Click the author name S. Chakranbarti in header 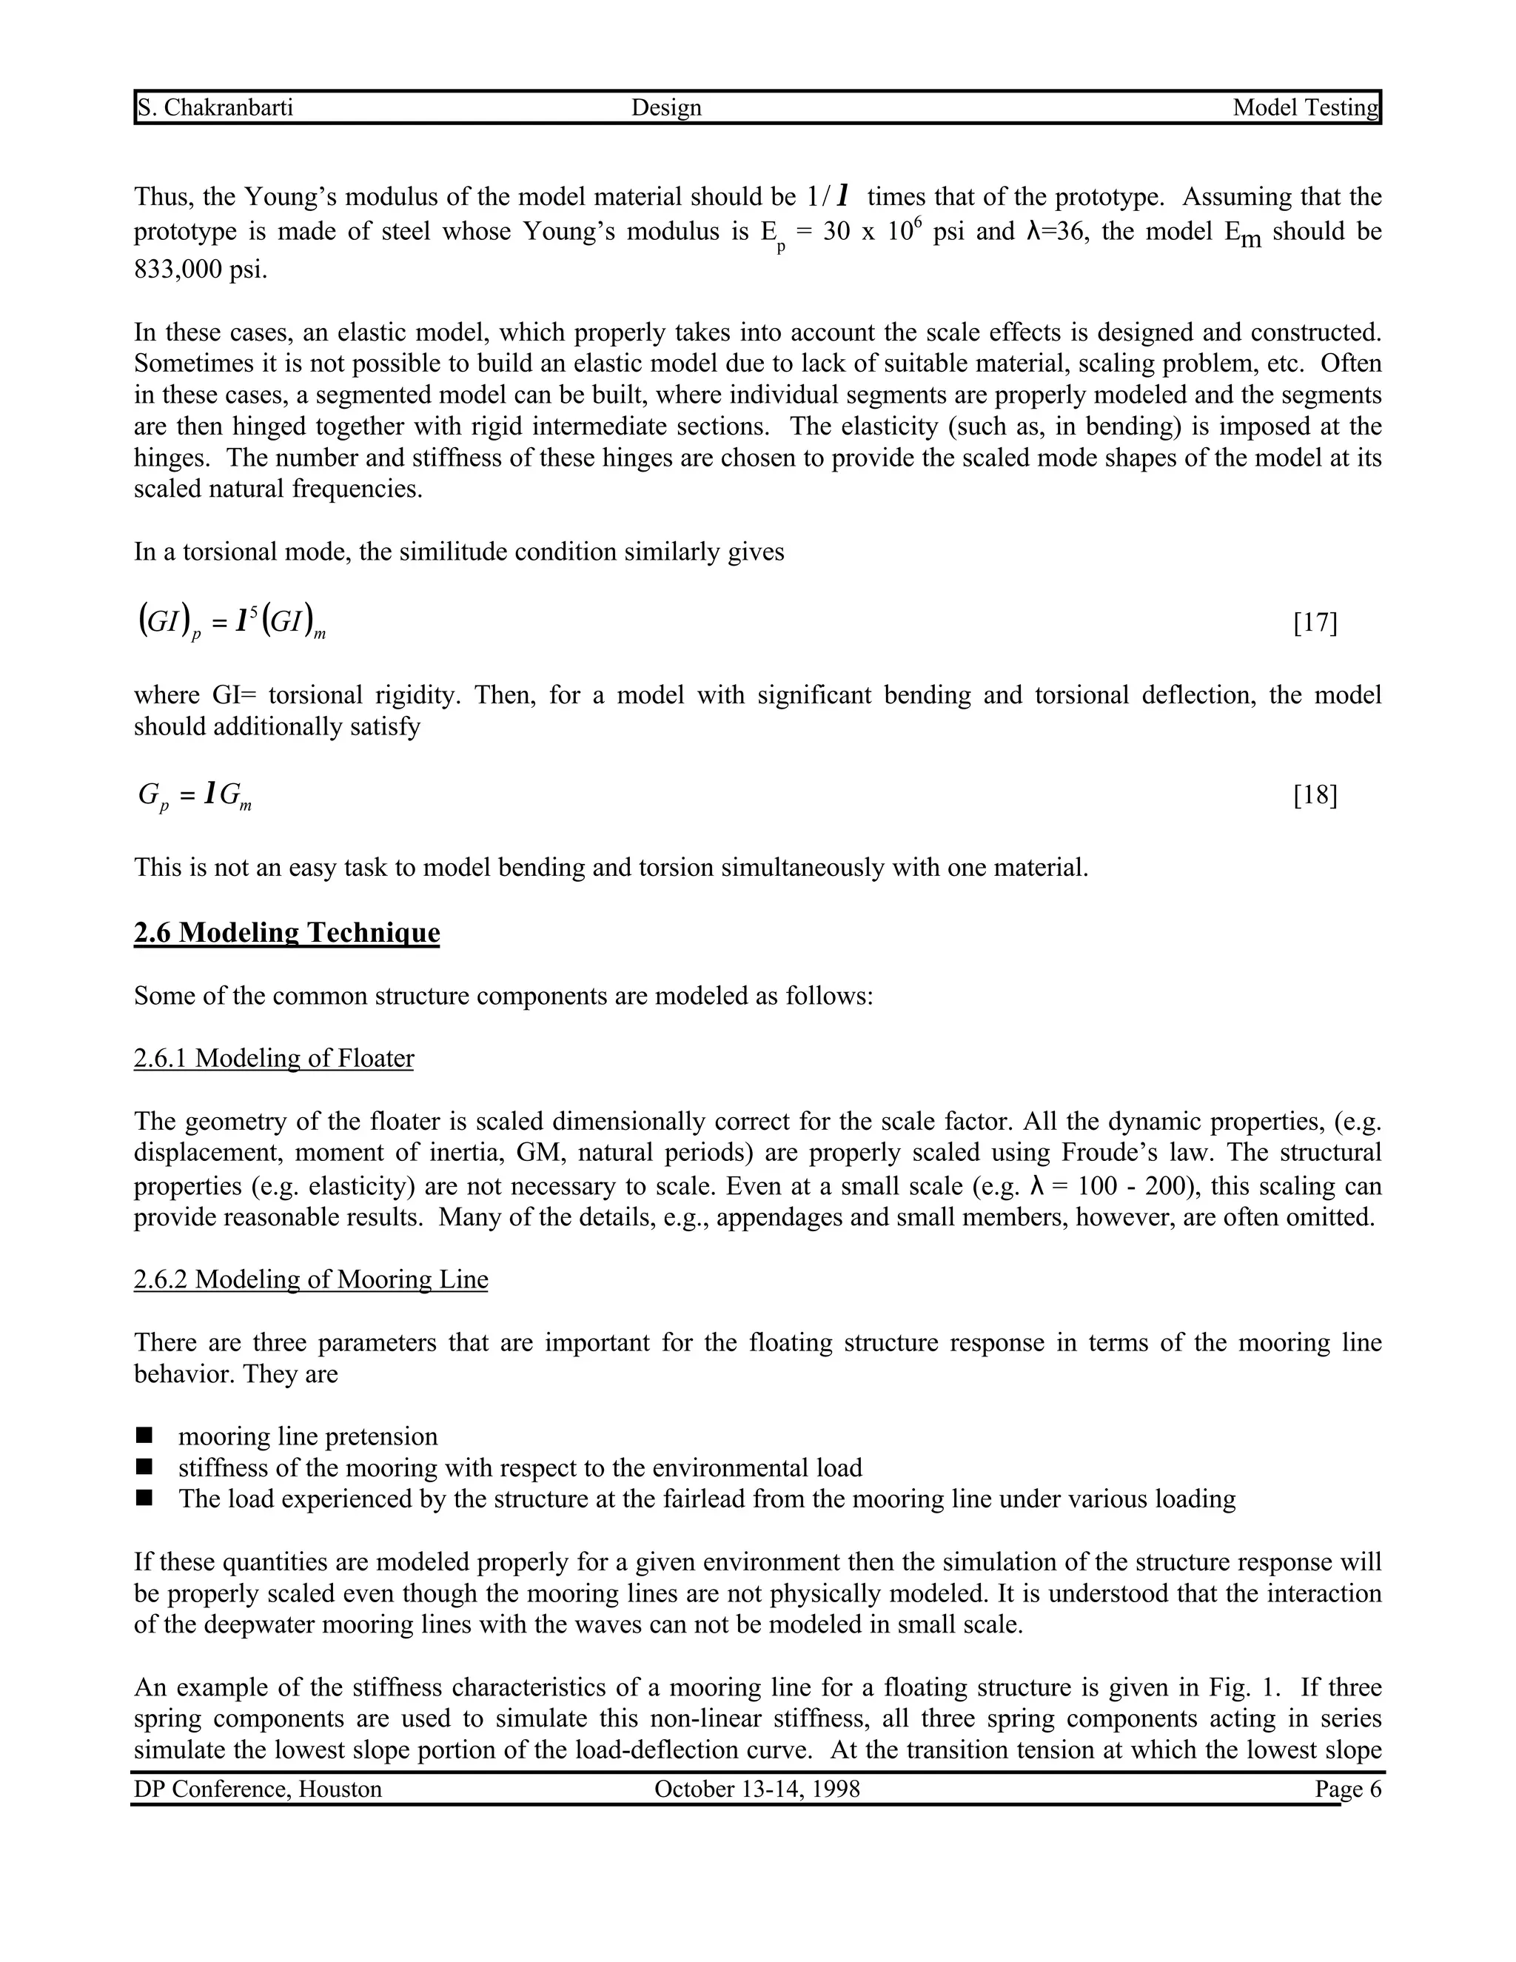(x=215, y=108)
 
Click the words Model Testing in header (x=1305, y=108)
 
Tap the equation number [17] (x=1315, y=623)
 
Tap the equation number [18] (x=1315, y=795)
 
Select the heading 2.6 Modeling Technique (x=286, y=932)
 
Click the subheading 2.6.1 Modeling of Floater (x=274, y=1058)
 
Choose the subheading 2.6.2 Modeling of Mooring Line (x=311, y=1279)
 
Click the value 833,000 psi (x=201, y=269)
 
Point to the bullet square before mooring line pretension (x=144, y=1436)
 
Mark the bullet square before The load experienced (x=144, y=1499)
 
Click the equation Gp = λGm (x=195, y=795)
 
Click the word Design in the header (x=666, y=108)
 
